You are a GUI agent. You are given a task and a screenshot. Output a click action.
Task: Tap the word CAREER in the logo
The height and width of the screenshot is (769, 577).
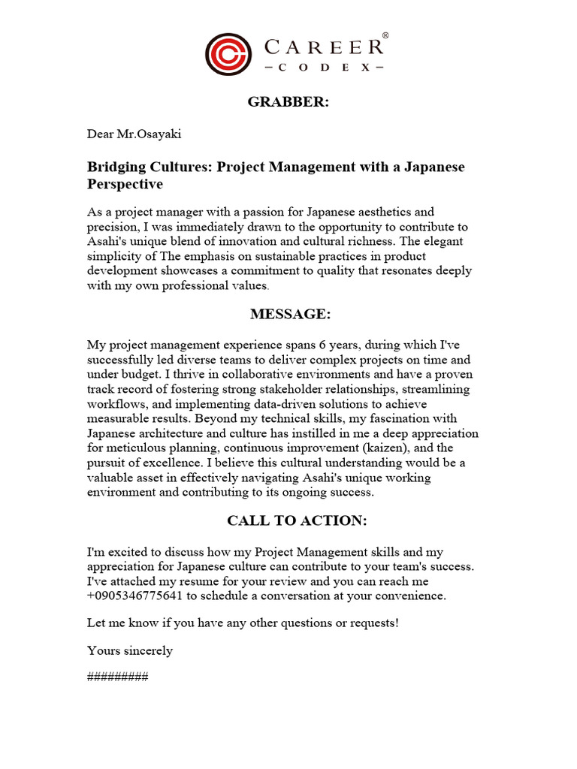pos(325,47)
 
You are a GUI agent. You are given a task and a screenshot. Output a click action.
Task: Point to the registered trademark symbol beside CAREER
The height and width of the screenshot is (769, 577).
pos(385,35)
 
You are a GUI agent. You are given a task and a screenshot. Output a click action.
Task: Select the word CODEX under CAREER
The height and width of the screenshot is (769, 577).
pos(324,68)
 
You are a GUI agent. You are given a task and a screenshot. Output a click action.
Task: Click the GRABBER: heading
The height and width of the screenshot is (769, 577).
pos(288,102)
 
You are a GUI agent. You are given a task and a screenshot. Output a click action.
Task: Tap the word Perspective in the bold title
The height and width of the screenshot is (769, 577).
pos(125,184)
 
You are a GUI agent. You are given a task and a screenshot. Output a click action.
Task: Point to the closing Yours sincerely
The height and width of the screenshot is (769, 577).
pos(130,650)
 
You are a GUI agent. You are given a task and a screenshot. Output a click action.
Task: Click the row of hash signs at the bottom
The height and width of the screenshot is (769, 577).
pos(118,677)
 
